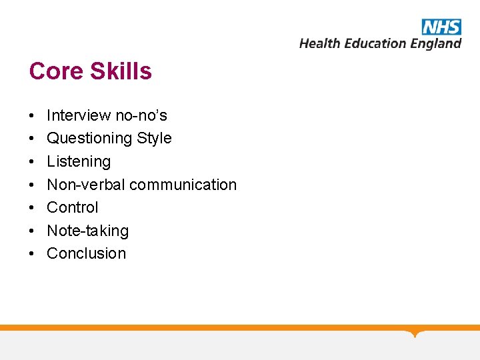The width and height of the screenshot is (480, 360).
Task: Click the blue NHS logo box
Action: coord(441,27)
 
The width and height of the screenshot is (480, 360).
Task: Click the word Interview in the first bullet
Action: coord(79,115)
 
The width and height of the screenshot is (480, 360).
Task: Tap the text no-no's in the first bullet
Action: coord(141,115)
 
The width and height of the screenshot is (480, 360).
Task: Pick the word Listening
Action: coord(79,162)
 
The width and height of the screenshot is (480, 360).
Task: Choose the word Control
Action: coord(72,207)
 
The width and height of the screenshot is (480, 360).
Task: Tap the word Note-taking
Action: coord(87,231)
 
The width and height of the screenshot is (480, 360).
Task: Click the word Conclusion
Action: coord(86,253)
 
